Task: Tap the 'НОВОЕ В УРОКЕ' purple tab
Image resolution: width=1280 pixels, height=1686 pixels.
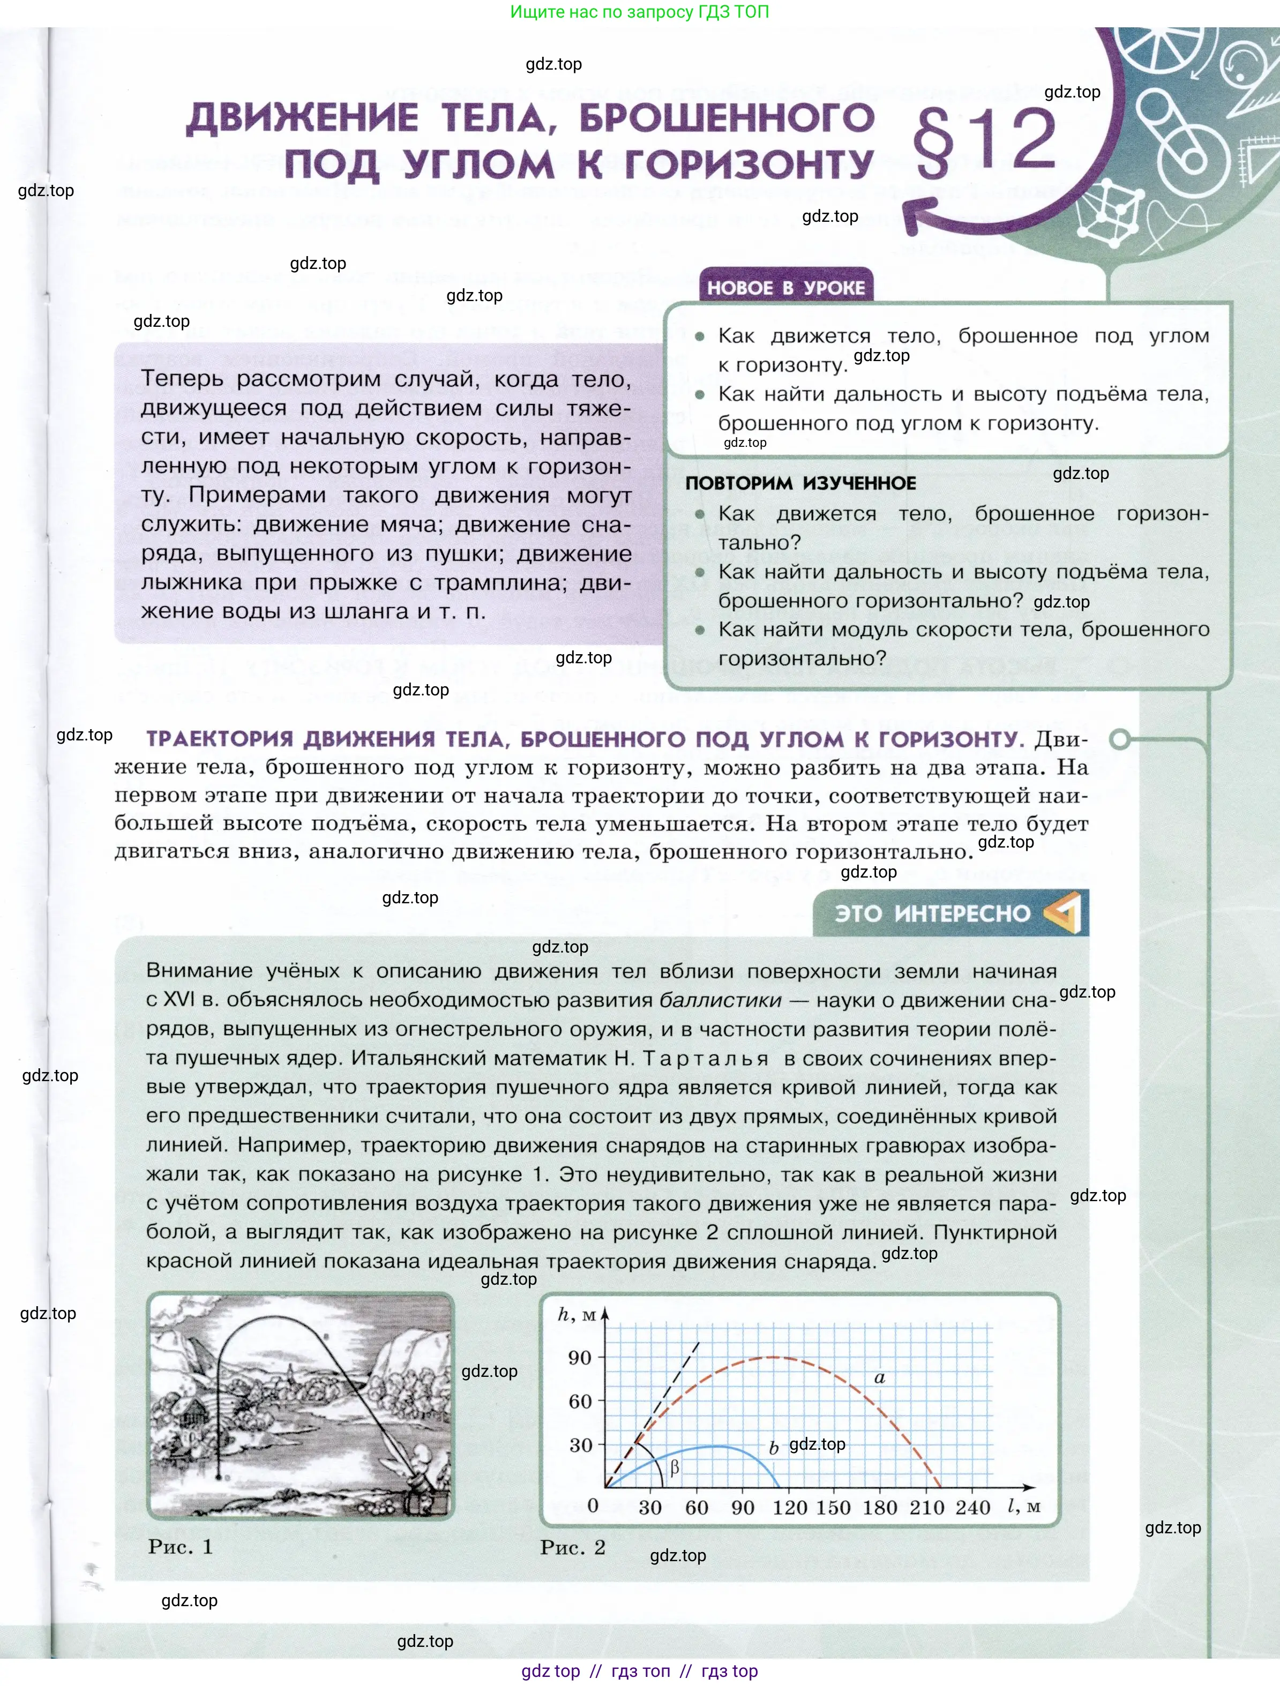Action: click(x=786, y=287)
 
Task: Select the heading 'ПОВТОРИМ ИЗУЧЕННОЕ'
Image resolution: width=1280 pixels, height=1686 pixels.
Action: click(x=800, y=483)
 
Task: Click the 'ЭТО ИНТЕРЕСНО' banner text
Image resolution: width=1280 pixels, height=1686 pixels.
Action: click(x=932, y=913)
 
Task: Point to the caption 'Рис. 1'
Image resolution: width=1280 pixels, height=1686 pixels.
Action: click(x=180, y=1547)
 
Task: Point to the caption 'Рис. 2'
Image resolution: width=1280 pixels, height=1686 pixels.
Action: click(x=573, y=1547)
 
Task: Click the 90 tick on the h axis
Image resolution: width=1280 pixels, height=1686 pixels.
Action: click(x=580, y=1358)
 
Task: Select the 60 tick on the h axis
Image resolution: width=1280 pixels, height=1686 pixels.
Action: click(x=580, y=1401)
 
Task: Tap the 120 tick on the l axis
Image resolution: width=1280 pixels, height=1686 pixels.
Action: click(x=790, y=1508)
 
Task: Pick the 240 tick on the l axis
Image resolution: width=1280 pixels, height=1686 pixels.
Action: click(x=973, y=1508)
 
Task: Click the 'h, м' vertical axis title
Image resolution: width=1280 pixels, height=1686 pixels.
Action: click(x=577, y=1315)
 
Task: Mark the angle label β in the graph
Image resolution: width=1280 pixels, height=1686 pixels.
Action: click(x=674, y=1468)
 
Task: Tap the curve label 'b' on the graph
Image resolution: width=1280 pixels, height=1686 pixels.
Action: click(x=774, y=1448)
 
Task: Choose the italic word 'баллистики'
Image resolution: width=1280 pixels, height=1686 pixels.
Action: click(x=721, y=1000)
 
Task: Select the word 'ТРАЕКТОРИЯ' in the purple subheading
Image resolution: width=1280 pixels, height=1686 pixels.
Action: click(x=220, y=739)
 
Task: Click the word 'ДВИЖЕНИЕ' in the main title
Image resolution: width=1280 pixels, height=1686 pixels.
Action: click(x=303, y=118)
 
